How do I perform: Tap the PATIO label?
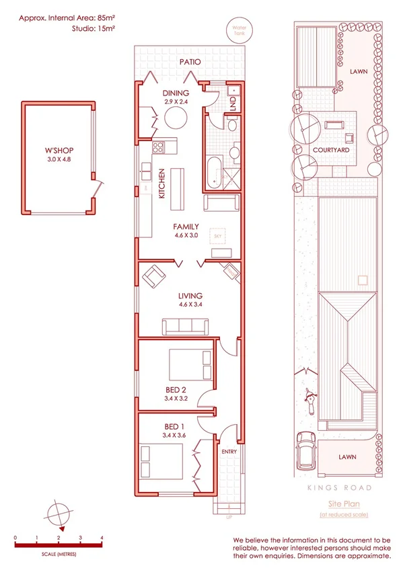[x=190, y=62]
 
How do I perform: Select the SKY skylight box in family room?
[x=217, y=237]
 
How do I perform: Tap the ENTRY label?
[x=229, y=452]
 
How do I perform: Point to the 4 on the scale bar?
[x=102, y=538]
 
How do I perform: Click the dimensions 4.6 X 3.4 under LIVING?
[x=190, y=304]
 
